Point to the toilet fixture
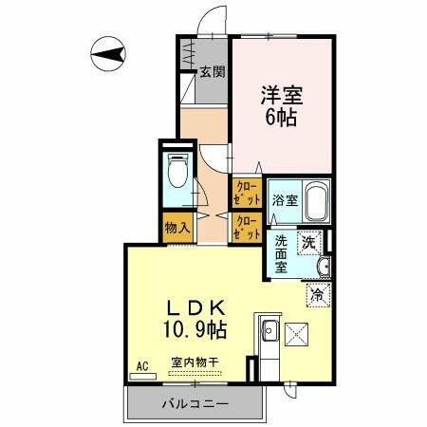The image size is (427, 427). [x=176, y=175]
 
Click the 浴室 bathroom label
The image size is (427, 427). [x=285, y=199]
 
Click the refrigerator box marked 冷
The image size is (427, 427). [x=318, y=295]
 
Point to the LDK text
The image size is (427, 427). [x=196, y=308]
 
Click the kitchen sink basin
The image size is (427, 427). [x=268, y=334]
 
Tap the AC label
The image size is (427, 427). [x=143, y=365]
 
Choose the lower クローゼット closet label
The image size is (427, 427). [x=247, y=227]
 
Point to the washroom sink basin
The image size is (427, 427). [x=325, y=267]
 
